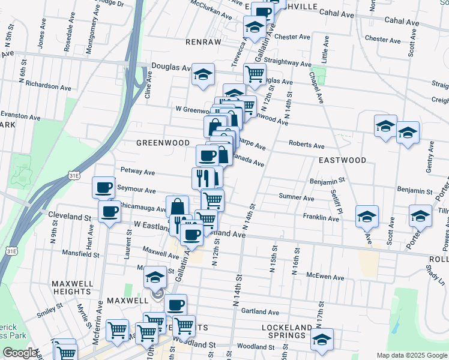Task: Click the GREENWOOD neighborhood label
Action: coord(159,143)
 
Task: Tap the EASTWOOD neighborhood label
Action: coord(342,160)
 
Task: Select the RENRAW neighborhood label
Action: coord(203,42)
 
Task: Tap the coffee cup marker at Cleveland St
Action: coord(110,211)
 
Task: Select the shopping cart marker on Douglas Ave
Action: coord(255,74)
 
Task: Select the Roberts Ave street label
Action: coord(306,145)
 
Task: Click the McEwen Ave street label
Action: coord(325,278)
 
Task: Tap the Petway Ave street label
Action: coord(137,172)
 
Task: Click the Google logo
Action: coord(20,353)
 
